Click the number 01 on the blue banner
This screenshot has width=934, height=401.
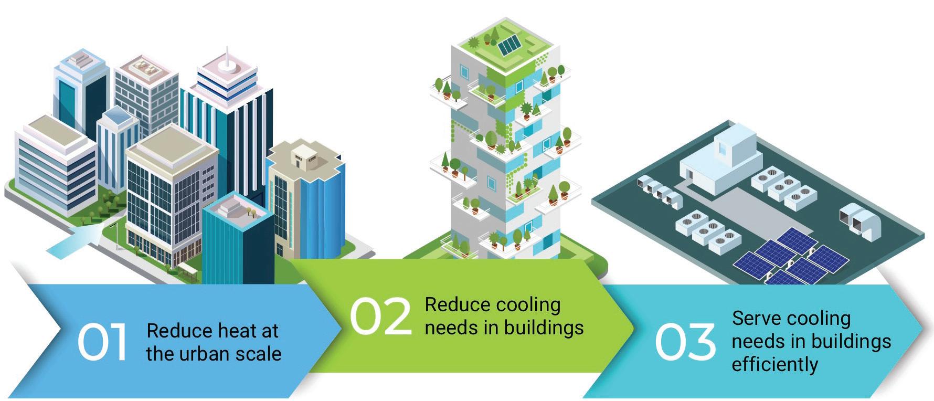coord(102,342)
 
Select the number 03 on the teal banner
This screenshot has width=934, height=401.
coord(685,342)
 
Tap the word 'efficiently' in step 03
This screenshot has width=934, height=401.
coord(774,365)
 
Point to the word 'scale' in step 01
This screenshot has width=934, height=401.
coord(260,354)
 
